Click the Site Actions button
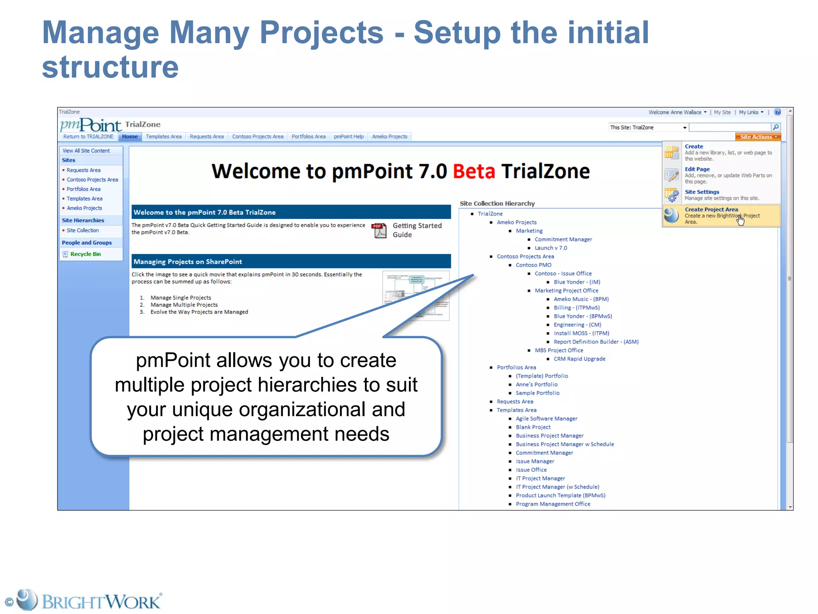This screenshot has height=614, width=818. (758, 137)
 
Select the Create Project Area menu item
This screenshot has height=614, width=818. (711, 209)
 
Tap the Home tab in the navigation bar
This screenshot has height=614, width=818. (130, 137)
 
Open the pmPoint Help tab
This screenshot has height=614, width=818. (349, 137)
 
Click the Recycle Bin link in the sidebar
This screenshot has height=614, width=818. (85, 254)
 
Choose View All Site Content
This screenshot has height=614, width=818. (86, 151)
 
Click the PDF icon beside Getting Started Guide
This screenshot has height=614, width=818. (379, 230)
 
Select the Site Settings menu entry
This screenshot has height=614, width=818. (702, 192)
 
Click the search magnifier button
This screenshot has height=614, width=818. (776, 127)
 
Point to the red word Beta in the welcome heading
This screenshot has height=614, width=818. (474, 171)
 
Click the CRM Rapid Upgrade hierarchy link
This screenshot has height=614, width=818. (579, 359)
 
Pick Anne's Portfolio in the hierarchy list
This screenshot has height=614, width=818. (536, 385)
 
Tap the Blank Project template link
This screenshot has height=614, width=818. (533, 427)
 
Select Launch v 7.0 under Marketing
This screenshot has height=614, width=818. (551, 248)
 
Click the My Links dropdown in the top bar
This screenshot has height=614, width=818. (751, 112)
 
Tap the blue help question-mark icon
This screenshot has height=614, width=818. (777, 112)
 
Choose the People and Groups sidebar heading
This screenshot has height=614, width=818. (87, 243)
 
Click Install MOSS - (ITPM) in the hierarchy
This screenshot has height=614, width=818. (581, 333)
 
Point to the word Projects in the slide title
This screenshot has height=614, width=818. (322, 33)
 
